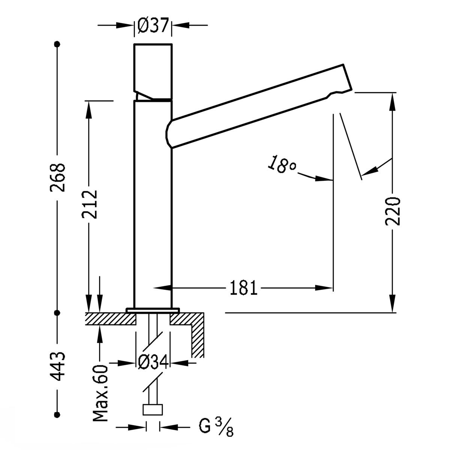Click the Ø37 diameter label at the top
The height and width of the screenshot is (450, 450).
point(152,26)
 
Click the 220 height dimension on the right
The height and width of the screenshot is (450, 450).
point(393,210)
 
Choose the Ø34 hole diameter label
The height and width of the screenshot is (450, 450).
point(153,363)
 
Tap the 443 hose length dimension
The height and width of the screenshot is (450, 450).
point(58,366)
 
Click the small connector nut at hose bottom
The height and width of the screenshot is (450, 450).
point(153,409)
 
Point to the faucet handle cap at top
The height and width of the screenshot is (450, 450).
point(153,67)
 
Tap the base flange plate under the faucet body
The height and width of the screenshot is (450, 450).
point(153,310)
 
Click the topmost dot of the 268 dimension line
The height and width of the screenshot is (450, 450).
point(57,44)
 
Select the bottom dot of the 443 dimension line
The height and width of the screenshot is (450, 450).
point(57,414)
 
